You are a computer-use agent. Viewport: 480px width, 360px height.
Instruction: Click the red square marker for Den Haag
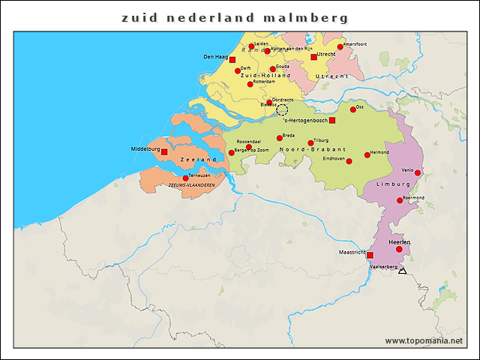coord(232,59)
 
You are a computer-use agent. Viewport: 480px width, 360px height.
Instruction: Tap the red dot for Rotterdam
coord(250,84)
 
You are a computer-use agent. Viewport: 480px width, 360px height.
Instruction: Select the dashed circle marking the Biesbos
coord(282,110)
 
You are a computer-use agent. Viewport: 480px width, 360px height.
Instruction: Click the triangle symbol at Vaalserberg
coord(403,271)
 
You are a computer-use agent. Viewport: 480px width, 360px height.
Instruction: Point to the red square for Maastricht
coord(370,255)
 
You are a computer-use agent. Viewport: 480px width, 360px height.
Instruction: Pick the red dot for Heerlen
coord(399,249)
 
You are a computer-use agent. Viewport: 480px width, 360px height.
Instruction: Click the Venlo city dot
coord(418,172)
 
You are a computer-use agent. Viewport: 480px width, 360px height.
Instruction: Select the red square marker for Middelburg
coord(164,151)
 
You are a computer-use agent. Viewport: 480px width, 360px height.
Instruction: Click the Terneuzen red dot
coord(185,178)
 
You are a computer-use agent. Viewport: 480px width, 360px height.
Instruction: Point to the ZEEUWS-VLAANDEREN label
coord(191,184)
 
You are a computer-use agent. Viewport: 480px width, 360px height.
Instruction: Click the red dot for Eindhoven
coord(349,161)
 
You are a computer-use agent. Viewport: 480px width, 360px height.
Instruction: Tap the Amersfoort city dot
coord(340,46)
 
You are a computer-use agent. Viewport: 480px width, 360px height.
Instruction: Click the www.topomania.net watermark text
coord(424,340)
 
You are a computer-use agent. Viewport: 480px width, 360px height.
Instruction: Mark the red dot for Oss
coord(353,109)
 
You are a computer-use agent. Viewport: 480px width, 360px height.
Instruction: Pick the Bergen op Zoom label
coord(253,151)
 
